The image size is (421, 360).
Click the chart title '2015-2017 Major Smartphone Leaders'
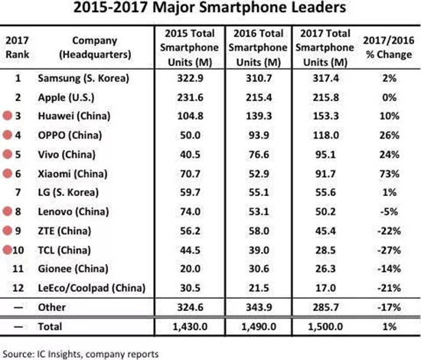coord(210,11)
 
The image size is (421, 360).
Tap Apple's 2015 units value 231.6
coord(190,99)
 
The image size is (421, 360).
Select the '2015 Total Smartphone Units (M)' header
coord(190,48)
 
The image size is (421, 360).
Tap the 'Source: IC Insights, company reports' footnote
coord(80,352)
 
